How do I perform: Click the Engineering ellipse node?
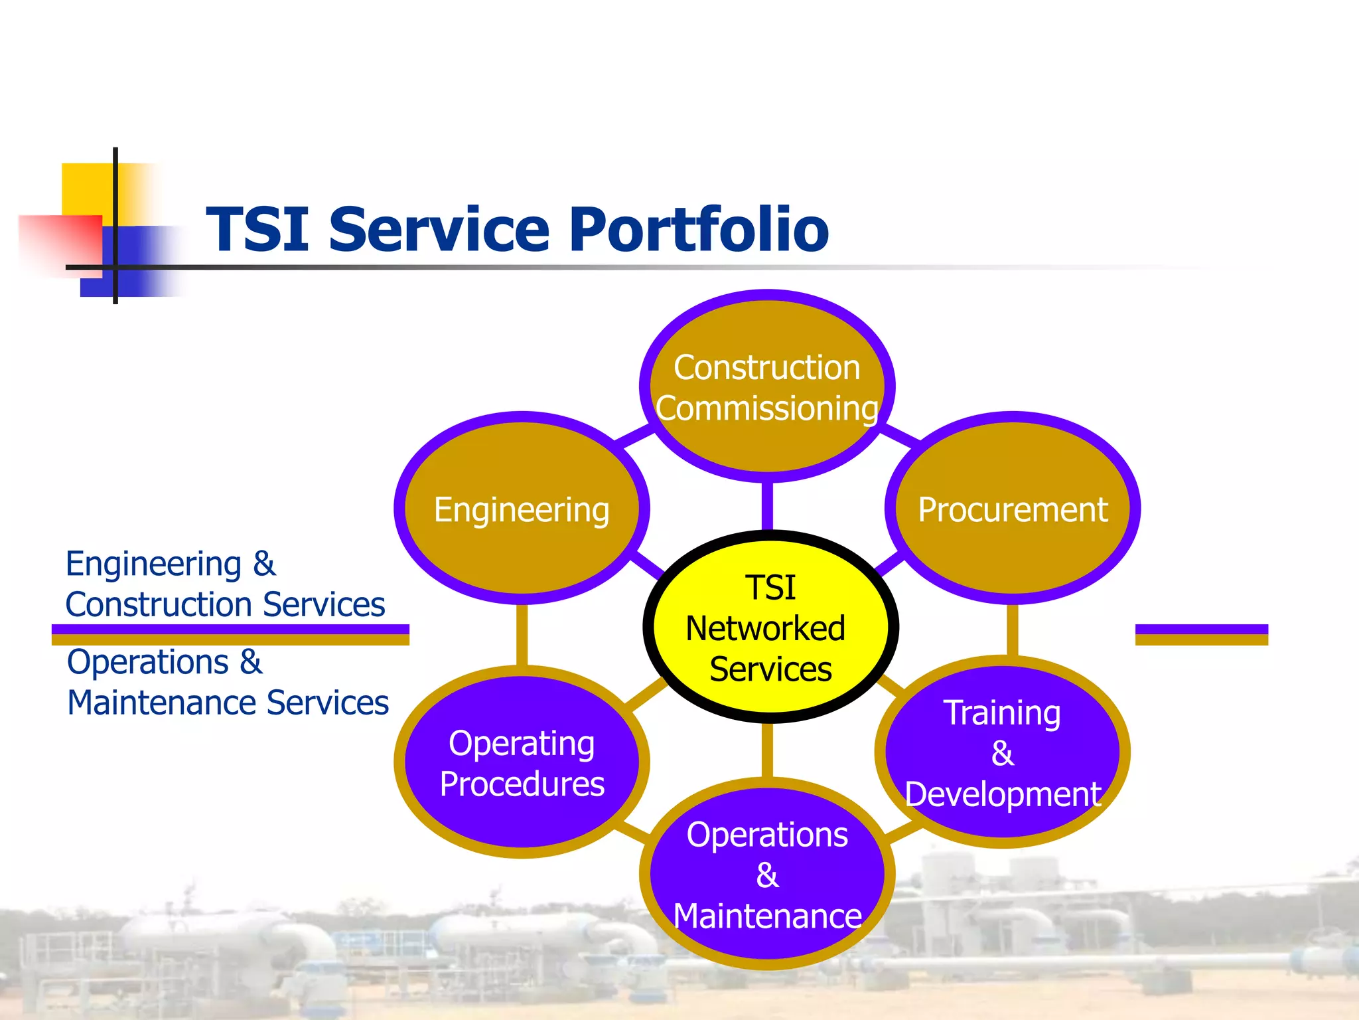pos(522,509)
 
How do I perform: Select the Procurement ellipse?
pos(1013,509)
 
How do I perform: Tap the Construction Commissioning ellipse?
pos(767,386)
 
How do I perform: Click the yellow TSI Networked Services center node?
pos(770,627)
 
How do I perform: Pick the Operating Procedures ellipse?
pos(522,762)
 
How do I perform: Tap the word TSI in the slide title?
pos(257,229)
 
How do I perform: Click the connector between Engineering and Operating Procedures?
pos(522,634)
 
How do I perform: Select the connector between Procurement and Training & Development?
pos(1013,630)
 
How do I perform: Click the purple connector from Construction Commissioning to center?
pos(767,506)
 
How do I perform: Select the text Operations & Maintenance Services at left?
pos(227,683)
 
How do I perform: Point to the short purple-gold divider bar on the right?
pos(1201,634)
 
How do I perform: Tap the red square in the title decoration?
pos(60,242)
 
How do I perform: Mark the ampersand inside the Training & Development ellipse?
pos(1002,754)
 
